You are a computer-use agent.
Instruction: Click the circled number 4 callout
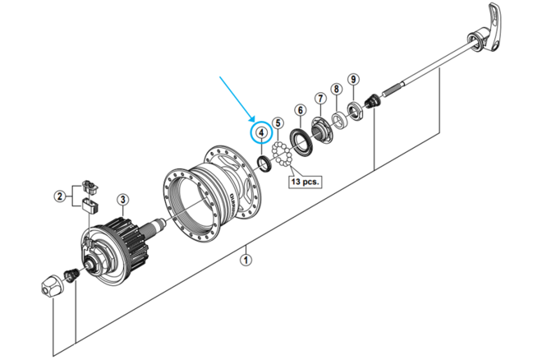click(260, 132)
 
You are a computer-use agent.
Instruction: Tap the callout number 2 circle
click(60, 196)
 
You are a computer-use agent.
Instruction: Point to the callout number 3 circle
click(122, 198)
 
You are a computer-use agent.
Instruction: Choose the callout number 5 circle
click(278, 123)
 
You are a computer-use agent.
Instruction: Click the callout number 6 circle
click(301, 110)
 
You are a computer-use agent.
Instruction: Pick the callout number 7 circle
click(320, 99)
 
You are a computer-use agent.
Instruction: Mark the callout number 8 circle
click(336, 89)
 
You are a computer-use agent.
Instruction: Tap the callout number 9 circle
click(352, 80)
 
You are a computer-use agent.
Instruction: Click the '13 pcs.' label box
click(304, 180)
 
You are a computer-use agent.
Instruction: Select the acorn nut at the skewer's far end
click(52, 287)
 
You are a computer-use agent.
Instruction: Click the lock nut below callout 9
click(355, 109)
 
